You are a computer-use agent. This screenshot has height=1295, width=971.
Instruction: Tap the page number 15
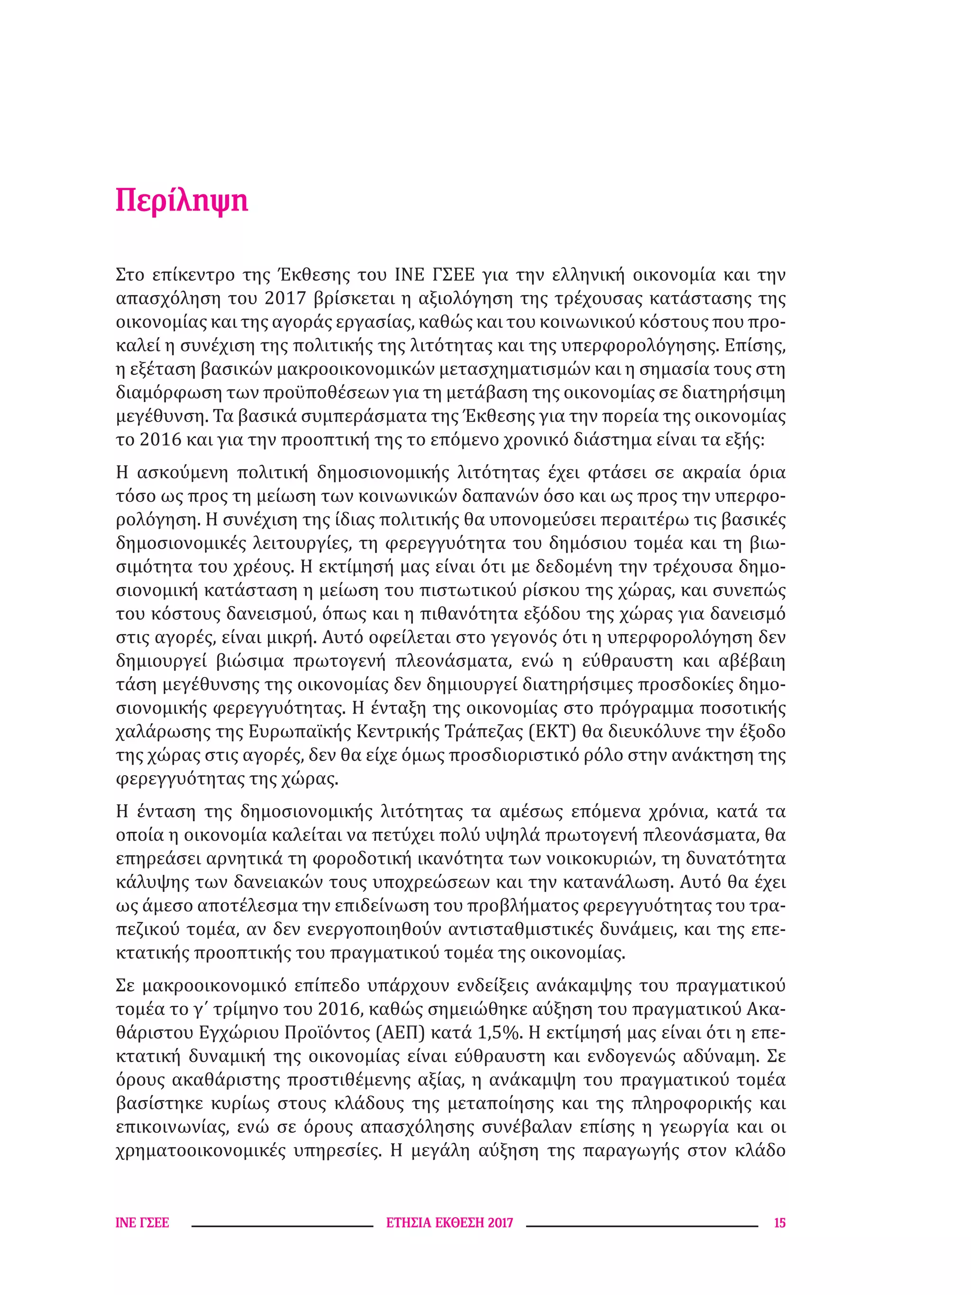779,1223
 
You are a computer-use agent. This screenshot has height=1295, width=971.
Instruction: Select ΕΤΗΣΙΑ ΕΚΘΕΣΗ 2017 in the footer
449,1223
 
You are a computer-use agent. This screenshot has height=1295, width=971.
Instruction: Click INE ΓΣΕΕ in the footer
142,1223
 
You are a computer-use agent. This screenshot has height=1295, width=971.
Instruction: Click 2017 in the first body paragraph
285,299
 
